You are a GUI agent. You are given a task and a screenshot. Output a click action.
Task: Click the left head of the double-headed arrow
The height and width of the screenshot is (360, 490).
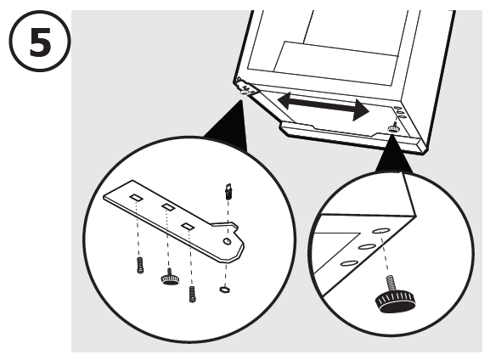[x=283, y=99]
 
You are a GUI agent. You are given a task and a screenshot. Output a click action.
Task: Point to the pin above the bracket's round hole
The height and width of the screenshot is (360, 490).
[x=228, y=192]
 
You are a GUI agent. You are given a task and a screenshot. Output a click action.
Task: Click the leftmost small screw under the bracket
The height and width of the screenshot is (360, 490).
[x=138, y=266]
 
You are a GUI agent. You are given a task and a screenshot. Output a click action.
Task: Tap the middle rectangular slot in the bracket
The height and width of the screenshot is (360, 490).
[x=167, y=208]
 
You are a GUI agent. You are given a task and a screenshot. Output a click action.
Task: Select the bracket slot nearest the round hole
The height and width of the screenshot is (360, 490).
[x=188, y=226]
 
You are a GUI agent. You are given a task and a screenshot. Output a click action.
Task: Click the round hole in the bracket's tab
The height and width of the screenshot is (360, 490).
[x=228, y=240]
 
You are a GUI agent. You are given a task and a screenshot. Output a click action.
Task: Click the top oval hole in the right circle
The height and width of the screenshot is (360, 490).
[x=380, y=230]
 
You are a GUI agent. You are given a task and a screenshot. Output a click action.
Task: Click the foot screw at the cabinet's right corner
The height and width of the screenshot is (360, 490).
[x=394, y=127]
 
